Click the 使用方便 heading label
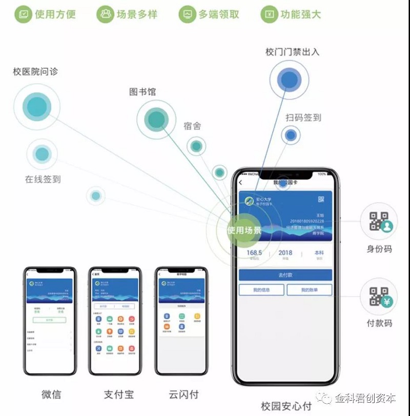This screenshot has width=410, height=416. pos(55,14)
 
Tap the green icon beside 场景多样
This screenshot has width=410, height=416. pos(105,14)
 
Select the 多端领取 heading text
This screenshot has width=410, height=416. pos(219,14)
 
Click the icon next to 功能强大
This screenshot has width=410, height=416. pos(269,14)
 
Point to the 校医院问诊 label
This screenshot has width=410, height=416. pos(35,71)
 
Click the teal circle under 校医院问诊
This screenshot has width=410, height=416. pos(36,106)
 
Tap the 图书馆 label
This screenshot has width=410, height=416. pos(142,92)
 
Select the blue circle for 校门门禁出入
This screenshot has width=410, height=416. pos(290,80)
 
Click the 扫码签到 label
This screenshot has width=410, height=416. pos(303,117)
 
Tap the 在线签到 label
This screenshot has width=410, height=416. pos(43,179)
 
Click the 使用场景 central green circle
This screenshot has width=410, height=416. pos(243,230)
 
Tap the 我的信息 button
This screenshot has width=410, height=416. pos(261,290)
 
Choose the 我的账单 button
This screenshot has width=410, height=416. pos(309,290)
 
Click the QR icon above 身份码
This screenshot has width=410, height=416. pos(379,221)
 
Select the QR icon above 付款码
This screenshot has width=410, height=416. pos(379,296)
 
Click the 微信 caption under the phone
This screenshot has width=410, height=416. pos(51,394)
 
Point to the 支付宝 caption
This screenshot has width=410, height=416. pos(119,394)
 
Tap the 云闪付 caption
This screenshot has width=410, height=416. pos(183,394)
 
